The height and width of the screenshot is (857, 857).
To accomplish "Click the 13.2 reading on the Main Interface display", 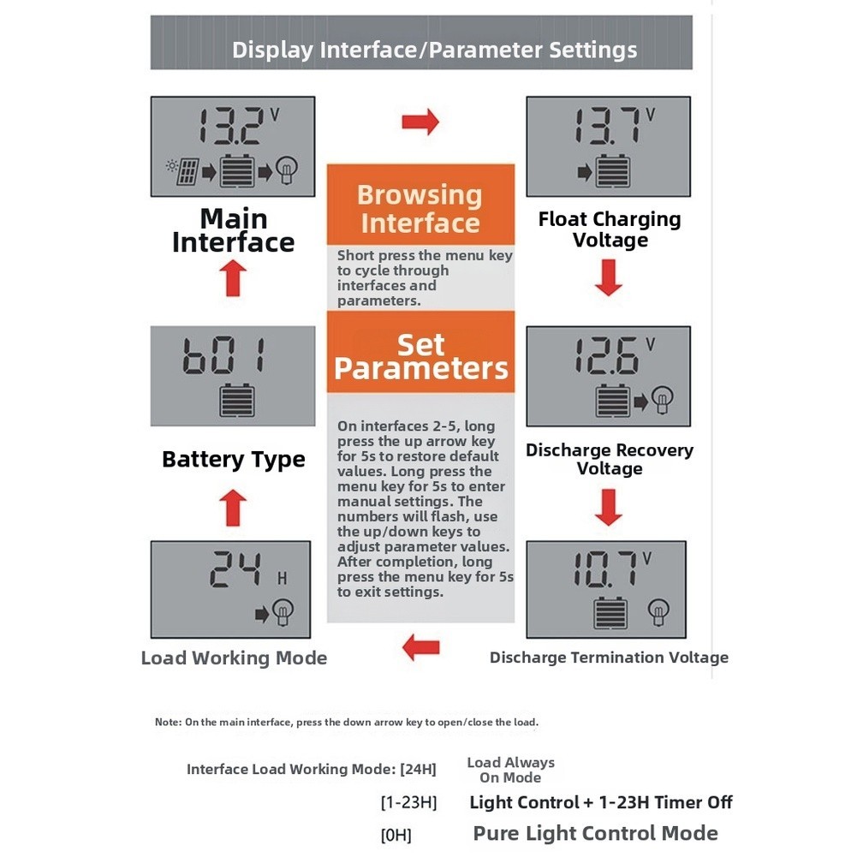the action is [x=229, y=126].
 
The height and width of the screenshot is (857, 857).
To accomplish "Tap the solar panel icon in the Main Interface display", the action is [x=187, y=171].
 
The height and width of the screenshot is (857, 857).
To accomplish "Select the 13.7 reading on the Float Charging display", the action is [x=607, y=126].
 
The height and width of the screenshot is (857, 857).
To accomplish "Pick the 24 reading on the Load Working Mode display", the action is [x=235, y=569].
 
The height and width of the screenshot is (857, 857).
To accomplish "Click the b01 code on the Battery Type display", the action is [x=224, y=355].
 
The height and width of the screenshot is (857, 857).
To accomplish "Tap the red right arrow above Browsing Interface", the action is [x=420, y=122].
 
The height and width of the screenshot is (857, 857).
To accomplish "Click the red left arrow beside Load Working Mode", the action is [x=421, y=647].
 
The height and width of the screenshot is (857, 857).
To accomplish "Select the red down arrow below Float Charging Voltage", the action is [x=609, y=277].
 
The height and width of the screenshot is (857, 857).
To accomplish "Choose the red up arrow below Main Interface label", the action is [x=233, y=277].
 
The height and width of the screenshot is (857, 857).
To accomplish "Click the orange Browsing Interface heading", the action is [x=420, y=209].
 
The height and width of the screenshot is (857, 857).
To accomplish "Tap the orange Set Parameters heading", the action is [x=421, y=356].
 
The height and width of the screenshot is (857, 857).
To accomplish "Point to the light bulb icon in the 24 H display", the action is [x=283, y=612].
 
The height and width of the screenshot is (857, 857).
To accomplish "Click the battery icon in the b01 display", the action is [x=236, y=400].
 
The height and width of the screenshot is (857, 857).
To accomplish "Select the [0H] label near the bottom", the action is [x=396, y=835].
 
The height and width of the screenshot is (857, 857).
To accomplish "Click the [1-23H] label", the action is [x=409, y=802].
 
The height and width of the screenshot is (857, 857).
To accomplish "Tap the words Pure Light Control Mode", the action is [x=596, y=833].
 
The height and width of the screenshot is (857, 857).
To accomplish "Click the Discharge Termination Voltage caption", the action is [x=609, y=658].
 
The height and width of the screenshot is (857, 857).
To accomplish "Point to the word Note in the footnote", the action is [x=167, y=722].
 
